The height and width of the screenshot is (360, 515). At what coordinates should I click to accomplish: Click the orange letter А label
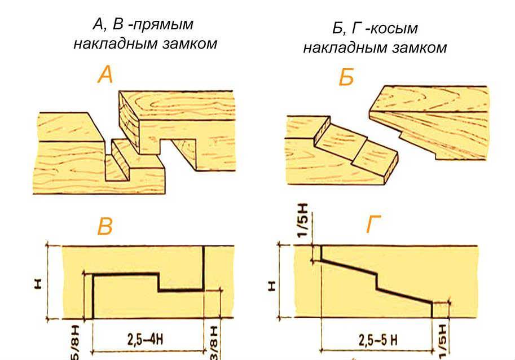(105, 74)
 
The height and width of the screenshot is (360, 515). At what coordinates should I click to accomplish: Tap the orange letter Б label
(346, 77)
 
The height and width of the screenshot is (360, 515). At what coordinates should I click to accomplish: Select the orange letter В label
(105, 226)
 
